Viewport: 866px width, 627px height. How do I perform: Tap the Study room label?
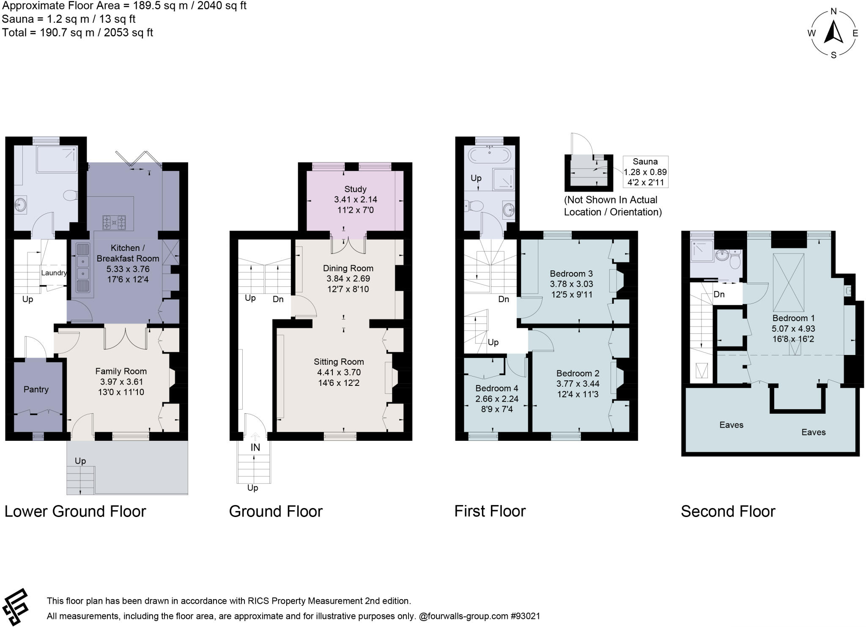(355, 189)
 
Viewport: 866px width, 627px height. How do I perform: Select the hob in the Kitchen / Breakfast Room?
(114, 222)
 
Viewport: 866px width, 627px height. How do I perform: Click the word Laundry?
(54, 273)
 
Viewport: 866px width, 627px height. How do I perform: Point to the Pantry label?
(36, 389)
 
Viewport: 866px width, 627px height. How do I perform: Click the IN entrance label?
(255, 447)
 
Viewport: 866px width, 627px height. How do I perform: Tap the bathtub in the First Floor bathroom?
(489, 156)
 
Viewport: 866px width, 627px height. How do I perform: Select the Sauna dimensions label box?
(645, 172)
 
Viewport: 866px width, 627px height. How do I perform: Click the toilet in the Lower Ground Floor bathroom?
(70, 195)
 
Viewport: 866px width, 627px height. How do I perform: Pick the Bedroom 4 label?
(496, 388)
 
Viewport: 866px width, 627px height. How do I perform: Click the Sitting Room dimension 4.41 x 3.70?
(339, 372)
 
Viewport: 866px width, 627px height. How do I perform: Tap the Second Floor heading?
(728, 511)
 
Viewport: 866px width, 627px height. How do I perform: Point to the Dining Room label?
(348, 268)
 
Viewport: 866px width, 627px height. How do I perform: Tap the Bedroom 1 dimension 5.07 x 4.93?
(793, 329)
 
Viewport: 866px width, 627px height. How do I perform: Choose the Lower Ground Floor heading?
(75, 511)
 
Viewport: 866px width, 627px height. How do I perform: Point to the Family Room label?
(121, 371)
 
